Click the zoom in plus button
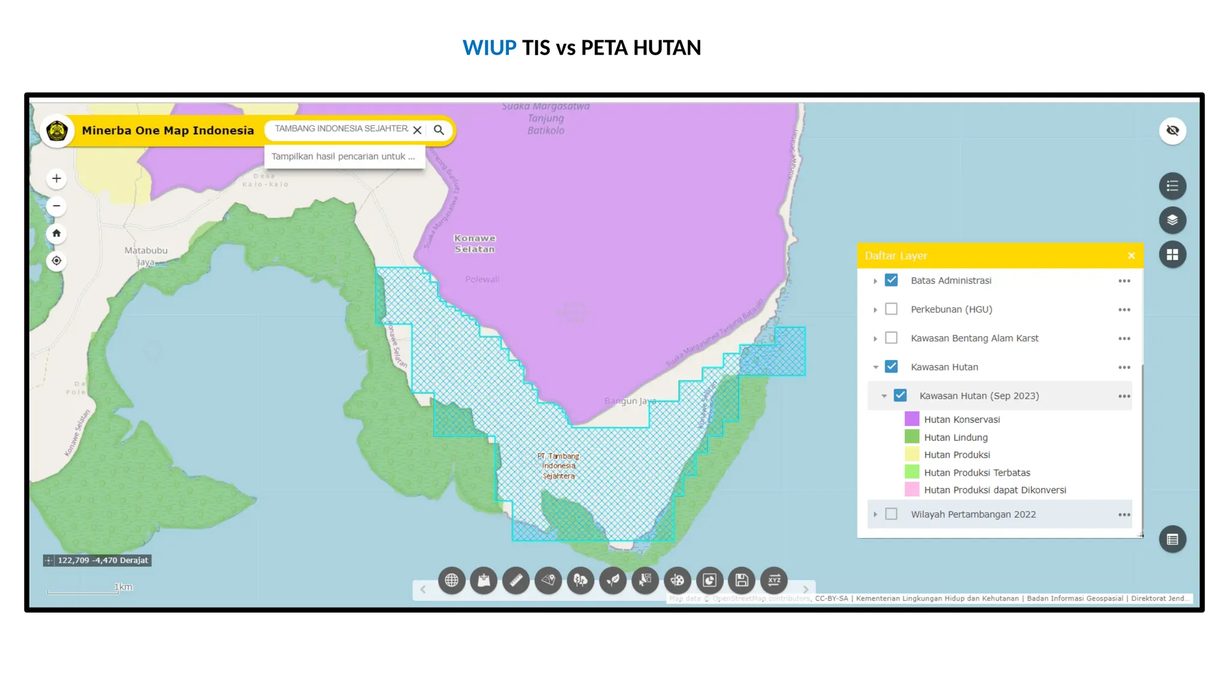(x=56, y=178)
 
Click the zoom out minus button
(x=56, y=206)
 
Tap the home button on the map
(x=56, y=233)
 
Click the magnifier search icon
(x=439, y=130)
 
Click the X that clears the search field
(x=417, y=130)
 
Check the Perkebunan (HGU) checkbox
(x=891, y=309)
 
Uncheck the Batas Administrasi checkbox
(x=891, y=280)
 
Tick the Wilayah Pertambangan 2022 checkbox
(x=891, y=514)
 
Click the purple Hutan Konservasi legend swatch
(x=912, y=419)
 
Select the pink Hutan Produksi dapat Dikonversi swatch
(x=912, y=489)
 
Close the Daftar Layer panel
(x=1131, y=256)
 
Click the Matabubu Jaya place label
(x=146, y=256)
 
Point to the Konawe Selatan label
(x=475, y=244)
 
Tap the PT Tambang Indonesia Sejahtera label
(x=559, y=466)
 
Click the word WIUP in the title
(x=489, y=47)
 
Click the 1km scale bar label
(x=124, y=587)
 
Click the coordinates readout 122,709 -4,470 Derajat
(x=102, y=560)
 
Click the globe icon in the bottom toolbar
(x=451, y=580)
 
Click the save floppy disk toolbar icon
(x=742, y=580)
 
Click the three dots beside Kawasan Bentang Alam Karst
(x=1124, y=338)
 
